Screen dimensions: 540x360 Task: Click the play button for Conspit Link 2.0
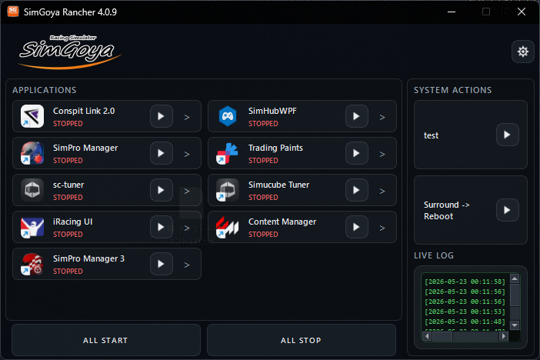click(162, 116)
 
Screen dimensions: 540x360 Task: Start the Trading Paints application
click(356, 153)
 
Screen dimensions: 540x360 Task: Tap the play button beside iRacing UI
click(162, 227)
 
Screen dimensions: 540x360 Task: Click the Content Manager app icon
click(227, 227)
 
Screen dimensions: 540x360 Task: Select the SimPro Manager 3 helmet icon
click(32, 264)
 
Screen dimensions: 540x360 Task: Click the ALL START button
click(106, 340)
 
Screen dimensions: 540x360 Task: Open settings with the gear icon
click(523, 52)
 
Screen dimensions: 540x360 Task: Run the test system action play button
click(507, 135)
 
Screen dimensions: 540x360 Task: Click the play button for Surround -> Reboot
click(507, 210)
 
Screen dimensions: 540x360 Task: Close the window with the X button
click(522, 12)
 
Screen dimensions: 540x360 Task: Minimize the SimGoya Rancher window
click(452, 12)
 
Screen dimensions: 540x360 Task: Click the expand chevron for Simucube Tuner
click(382, 191)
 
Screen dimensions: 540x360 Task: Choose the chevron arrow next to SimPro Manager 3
click(187, 265)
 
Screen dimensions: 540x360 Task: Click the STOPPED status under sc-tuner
click(68, 198)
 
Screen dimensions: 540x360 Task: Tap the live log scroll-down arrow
click(515, 325)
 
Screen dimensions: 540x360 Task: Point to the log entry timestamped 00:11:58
click(465, 282)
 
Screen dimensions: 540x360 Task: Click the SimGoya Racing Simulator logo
click(70, 52)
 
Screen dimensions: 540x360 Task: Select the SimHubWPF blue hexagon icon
click(227, 116)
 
